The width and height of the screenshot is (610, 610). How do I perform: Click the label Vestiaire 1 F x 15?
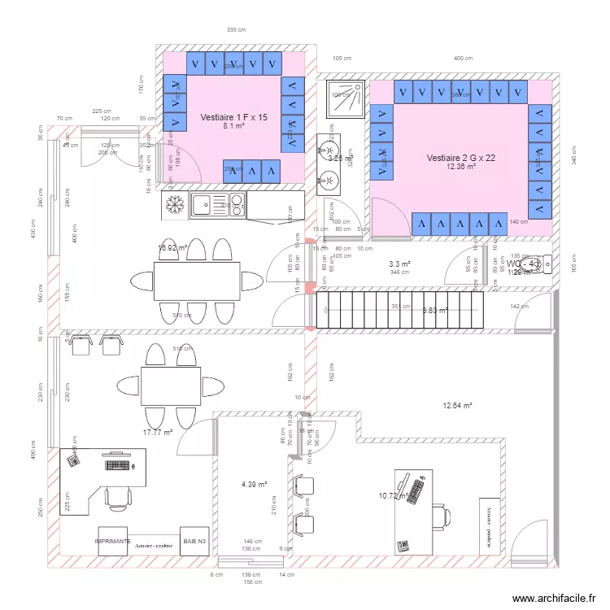[233, 118]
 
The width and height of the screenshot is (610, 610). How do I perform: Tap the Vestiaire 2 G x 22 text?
[460, 158]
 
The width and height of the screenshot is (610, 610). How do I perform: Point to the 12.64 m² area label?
[457, 405]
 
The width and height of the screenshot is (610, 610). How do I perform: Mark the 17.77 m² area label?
[157, 433]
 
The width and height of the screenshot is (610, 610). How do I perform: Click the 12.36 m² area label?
[460, 167]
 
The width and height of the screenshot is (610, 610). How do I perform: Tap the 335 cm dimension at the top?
[236, 30]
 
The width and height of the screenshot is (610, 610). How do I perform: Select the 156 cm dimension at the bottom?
[253, 582]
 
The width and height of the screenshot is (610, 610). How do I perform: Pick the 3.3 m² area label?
[399, 264]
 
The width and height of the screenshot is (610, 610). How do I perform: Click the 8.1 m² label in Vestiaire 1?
[233, 127]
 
